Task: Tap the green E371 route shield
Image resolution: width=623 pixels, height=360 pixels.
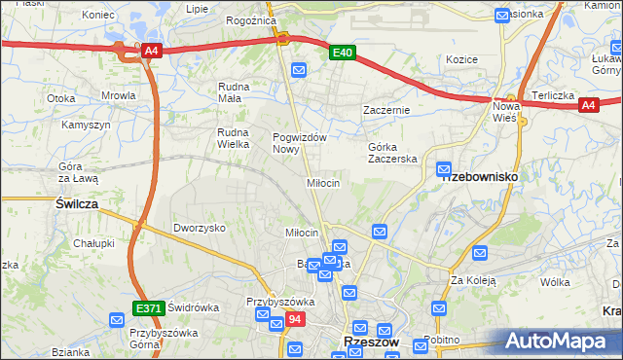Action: tap(148, 308)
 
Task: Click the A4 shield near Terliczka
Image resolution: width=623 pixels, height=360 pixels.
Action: tap(587, 107)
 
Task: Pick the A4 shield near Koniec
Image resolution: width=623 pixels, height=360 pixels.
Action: tap(150, 52)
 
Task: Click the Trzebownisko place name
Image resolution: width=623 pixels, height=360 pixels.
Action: tap(479, 177)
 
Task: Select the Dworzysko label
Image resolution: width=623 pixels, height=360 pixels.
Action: tap(200, 228)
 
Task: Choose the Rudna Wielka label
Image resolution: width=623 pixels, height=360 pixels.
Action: tap(234, 138)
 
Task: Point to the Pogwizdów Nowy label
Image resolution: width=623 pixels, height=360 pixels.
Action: tap(299, 143)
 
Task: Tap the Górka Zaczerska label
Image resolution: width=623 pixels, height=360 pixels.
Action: tap(392, 153)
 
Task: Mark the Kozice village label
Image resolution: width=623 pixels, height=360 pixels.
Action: tap(461, 59)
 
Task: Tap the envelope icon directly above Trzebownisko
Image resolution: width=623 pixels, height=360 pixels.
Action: tap(444, 168)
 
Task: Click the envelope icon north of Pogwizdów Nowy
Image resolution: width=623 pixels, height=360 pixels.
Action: tap(299, 70)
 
